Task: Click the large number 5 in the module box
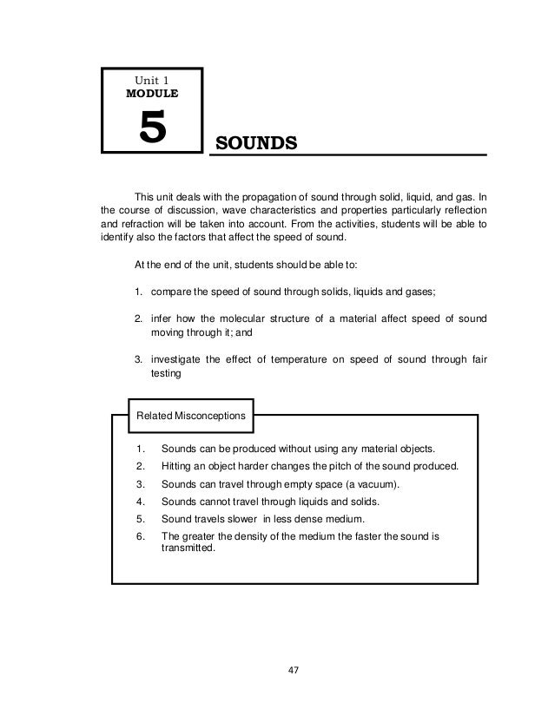151,129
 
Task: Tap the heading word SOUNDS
256,141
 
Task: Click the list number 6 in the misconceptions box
140,536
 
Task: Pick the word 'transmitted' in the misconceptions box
187,548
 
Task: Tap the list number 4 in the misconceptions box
140,501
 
